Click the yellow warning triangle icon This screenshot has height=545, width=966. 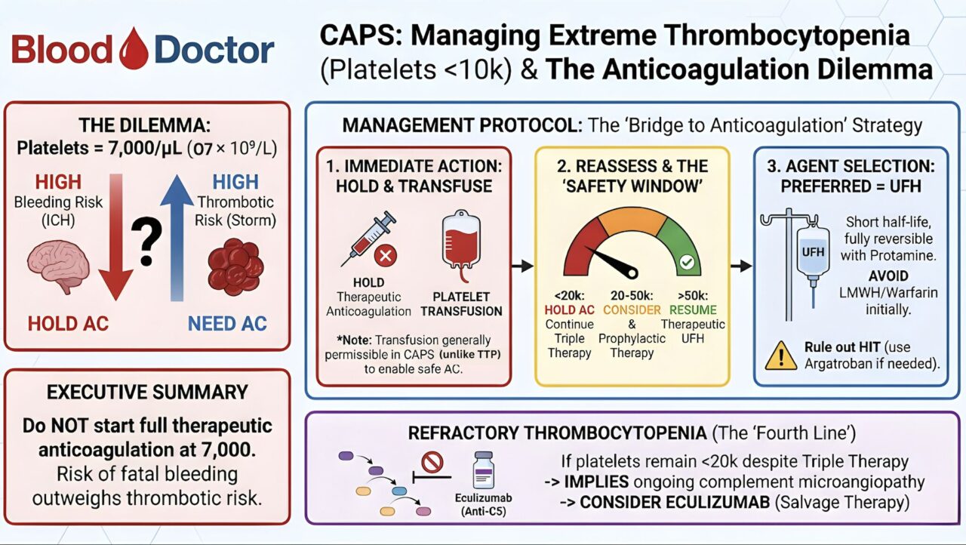780,355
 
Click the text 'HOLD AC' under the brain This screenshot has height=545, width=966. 69,324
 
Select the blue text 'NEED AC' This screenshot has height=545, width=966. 227,324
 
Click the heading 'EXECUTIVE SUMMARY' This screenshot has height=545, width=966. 147,392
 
